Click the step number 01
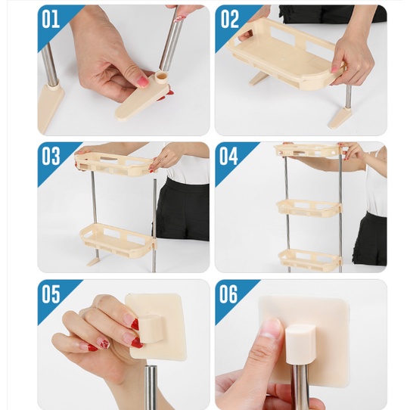coord(51,19)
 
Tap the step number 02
coord(230,19)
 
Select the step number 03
coord(51,156)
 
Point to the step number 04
coord(228,156)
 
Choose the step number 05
coord(51,294)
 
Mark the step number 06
coord(228,294)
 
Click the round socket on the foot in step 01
coord(163,77)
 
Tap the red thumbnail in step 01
coord(142,82)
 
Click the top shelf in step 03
coord(115,164)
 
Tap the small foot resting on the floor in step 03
coord(93,261)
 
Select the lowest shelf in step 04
coord(310,258)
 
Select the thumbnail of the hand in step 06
coord(271,331)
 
